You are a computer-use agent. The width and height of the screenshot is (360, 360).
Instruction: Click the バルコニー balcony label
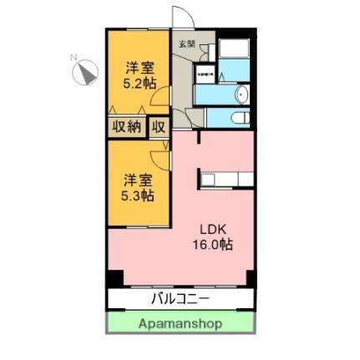click(x=180, y=298)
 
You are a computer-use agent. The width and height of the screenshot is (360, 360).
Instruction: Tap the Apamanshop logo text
click(x=180, y=323)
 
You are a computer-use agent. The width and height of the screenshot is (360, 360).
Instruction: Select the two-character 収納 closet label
click(x=126, y=127)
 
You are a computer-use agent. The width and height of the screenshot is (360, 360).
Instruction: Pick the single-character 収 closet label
click(x=160, y=127)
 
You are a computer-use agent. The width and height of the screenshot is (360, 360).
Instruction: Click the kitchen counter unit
click(x=226, y=179)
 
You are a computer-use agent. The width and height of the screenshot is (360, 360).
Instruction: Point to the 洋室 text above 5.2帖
click(x=137, y=67)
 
